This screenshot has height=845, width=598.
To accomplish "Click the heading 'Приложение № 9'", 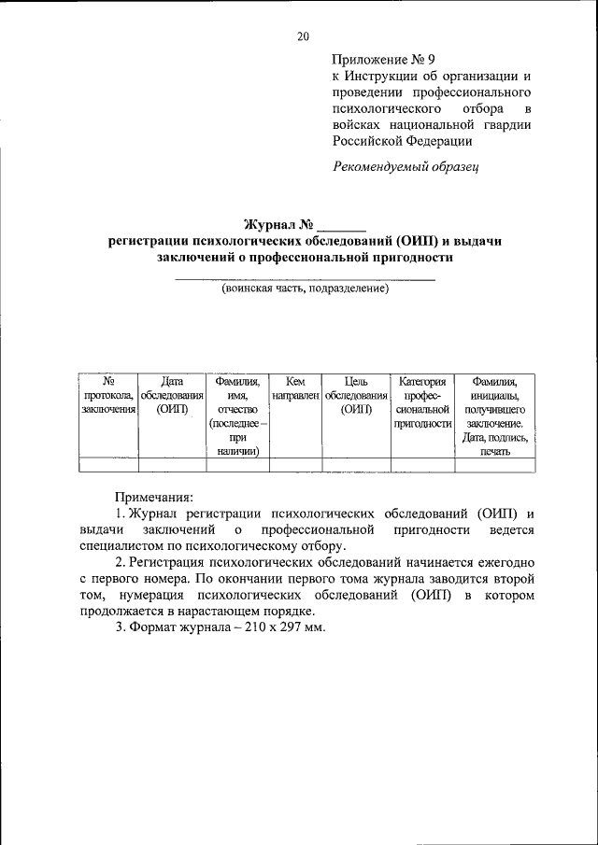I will [x=384, y=58].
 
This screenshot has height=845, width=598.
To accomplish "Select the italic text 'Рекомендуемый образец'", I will [x=406, y=167].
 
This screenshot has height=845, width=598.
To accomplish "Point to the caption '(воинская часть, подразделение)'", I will [x=305, y=289].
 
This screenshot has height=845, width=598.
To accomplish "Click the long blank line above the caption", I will [x=305, y=279].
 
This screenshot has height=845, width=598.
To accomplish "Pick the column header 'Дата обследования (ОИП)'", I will [x=171, y=395].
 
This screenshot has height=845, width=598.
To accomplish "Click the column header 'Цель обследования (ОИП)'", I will [x=355, y=395].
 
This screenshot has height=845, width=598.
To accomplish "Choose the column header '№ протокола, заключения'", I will [x=108, y=395].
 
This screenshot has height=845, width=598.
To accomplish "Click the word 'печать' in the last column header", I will [x=496, y=451].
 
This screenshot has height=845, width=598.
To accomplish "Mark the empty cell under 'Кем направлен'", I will [x=295, y=465].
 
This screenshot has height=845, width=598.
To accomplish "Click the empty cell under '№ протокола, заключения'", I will [x=108, y=465].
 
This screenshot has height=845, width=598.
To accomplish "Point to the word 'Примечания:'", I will [x=152, y=498].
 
